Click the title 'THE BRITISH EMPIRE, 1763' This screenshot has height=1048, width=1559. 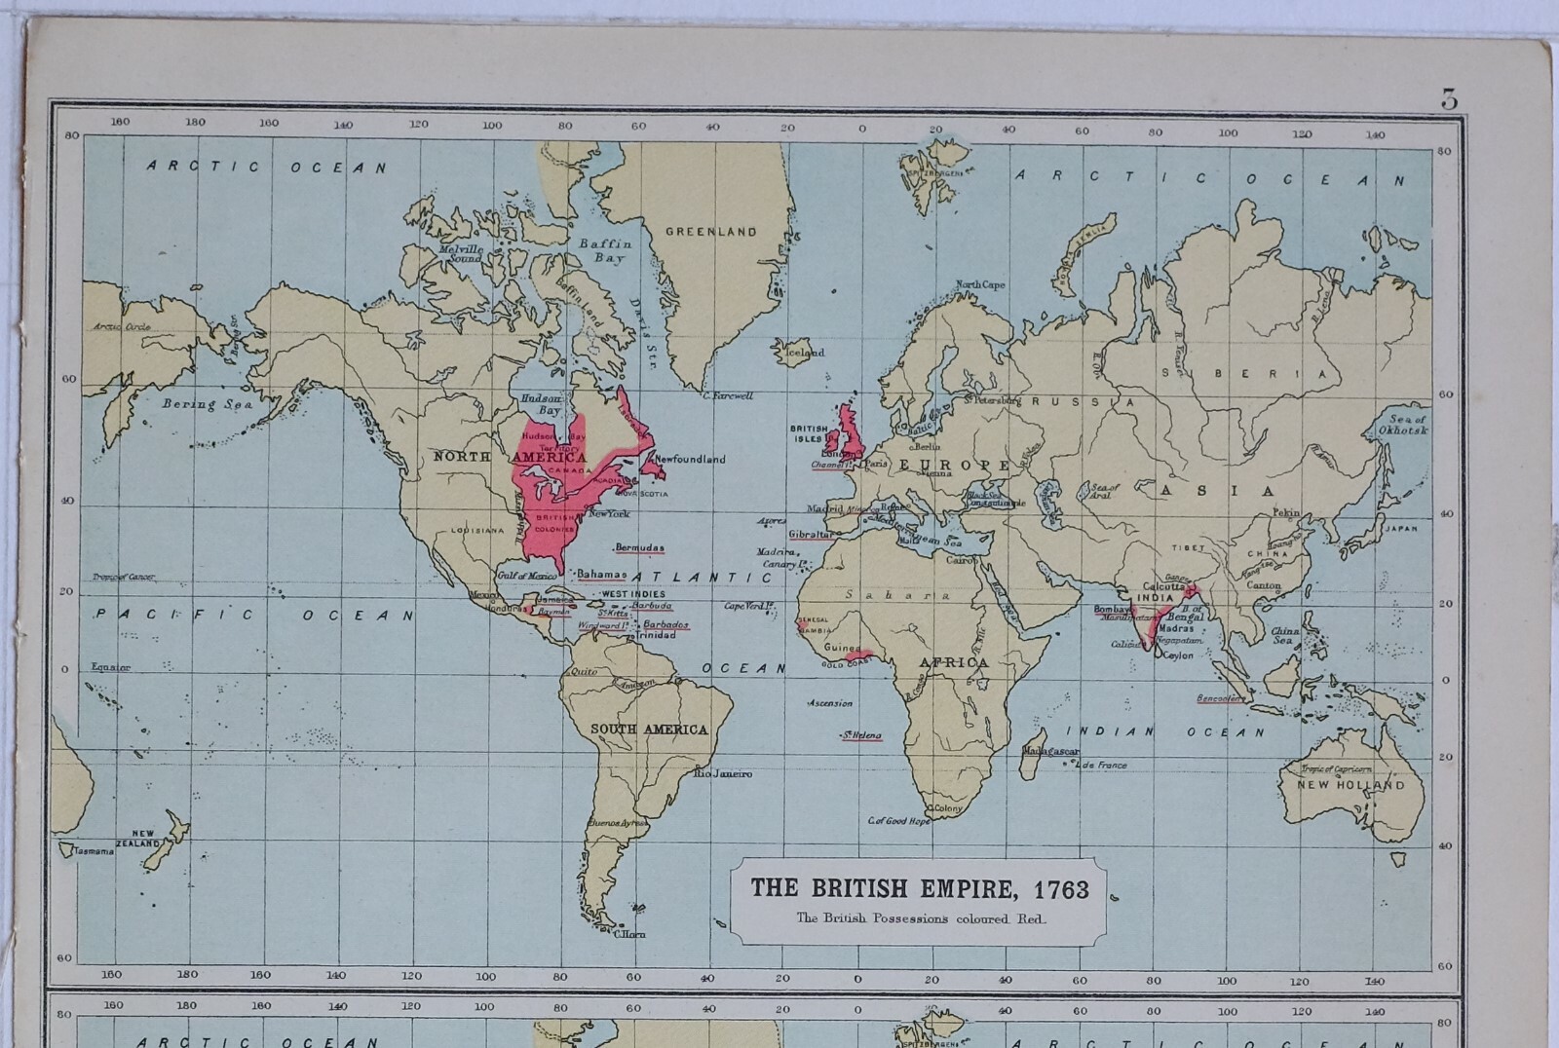pos(919,887)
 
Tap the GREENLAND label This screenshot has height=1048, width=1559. pos(710,232)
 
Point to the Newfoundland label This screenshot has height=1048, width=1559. pos(690,459)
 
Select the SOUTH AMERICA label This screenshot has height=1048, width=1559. pos(649,729)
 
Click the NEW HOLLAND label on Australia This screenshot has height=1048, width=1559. pos(1350,784)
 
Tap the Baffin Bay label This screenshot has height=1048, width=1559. pos(606,251)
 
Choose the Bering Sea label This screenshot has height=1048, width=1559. pos(207,403)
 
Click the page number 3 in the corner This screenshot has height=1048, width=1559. pos(1449,99)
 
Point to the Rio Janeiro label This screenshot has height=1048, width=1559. pos(723,773)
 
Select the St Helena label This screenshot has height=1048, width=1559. pos(861,735)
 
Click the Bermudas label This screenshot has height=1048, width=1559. pos(639,547)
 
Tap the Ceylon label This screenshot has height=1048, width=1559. pos(1178,655)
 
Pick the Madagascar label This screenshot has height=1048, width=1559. pos(1050,752)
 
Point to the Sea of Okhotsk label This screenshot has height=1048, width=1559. pos(1403,425)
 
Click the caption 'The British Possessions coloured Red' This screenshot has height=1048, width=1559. pos(920,917)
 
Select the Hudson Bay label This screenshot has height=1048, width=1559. pos(541,404)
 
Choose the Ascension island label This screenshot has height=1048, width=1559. pos(830,703)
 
